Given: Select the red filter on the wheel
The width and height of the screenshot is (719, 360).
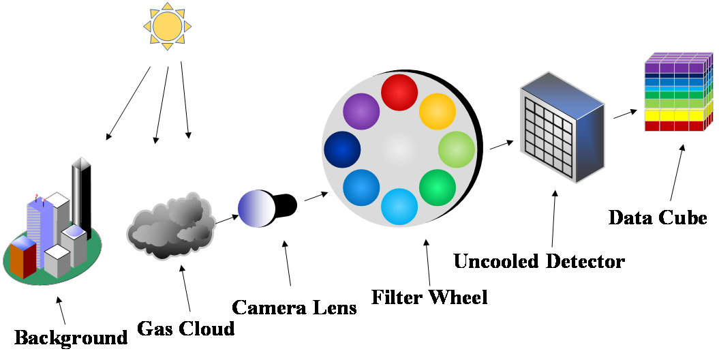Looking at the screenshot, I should pyautogui.click(x=399, y=92).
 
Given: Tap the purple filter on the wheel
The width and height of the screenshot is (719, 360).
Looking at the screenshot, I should pyautogui.click(x=361, y=111).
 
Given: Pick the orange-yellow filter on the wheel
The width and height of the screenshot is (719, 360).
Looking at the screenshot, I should pyautogui.click(x=437, y=111).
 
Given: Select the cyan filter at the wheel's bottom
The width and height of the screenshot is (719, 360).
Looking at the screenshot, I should pyautogui.click(x=399, y=206).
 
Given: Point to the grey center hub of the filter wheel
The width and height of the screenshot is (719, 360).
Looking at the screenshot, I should pyautogui.click(x=399, y=149).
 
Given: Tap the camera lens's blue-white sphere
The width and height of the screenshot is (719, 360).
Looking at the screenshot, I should pyautogui.click(x=256, y=207).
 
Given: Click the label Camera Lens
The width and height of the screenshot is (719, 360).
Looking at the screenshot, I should pyautogui.click(x=294, y=307).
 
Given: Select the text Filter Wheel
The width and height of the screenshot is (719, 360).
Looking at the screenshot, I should pyautogui.click(x=429, y=297).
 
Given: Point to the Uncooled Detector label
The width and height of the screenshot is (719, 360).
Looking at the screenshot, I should pyautogui.click(x=538, y=260).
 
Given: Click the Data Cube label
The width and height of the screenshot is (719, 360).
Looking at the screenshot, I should pyautogui.click(x=657, y=218).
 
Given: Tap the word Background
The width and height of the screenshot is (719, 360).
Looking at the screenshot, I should pyautogui.click(x=71, y=337).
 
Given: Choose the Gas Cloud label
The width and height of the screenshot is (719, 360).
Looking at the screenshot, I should pyautogui.click(x=185, y=329).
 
